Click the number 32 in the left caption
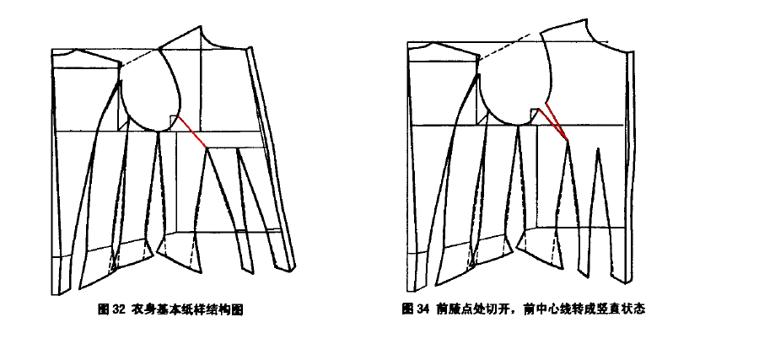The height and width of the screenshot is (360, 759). (119, 309)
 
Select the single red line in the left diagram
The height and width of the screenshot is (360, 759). (192, 132)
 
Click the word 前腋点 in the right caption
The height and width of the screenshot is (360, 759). (453, 309)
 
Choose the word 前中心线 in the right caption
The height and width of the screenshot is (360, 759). (545, 309)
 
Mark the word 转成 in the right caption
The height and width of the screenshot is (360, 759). (579, 309)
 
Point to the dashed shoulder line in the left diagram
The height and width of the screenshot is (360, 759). (140, 56)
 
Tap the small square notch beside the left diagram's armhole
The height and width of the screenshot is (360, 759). (173, 120)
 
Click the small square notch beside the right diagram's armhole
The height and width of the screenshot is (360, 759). (535, 114)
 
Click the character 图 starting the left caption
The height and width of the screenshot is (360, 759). (104, 309)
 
